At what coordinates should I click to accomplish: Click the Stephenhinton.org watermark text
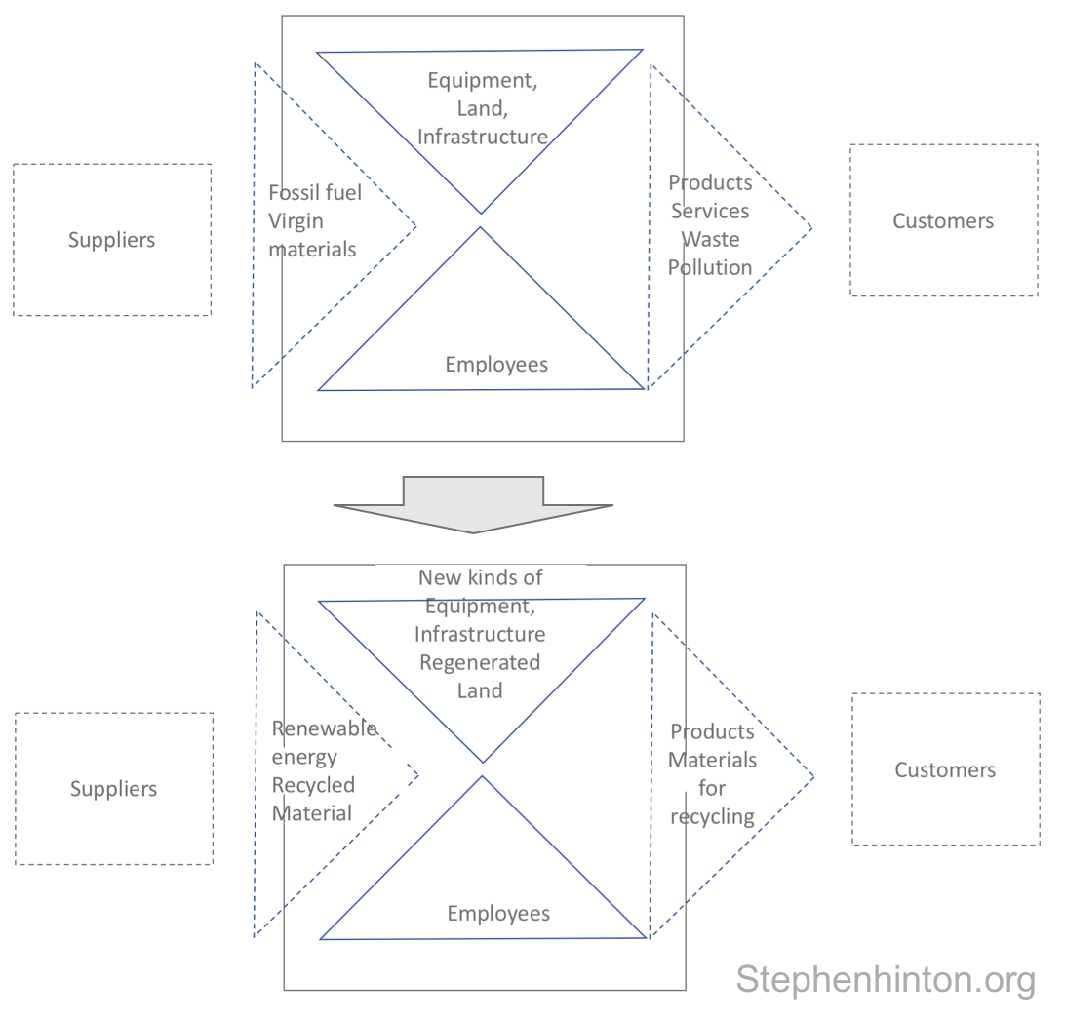point(885,979)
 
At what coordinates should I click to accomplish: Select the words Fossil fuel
point(314,193)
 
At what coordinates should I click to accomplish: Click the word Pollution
point(710,267)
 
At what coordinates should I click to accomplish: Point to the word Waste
point(710,239)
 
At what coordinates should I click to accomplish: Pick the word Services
point(710,211)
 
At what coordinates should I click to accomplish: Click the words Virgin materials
point(312,235)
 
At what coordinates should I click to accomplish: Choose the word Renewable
point(324,728)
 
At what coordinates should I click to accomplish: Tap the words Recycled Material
point(312,799)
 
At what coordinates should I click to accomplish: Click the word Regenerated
point(479,662)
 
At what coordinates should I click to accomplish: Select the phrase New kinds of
point(480,577)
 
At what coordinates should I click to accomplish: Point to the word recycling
point(712,816)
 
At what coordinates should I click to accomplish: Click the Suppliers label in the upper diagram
point(111,240)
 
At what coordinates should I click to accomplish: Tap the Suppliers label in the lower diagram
point(113,789)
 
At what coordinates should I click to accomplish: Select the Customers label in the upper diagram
point(943,220)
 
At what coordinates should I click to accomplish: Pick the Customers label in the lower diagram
point(945,769)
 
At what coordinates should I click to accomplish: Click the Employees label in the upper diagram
point(496,365)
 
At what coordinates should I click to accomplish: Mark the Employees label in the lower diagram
point(498,914)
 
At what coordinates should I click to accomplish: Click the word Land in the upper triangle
point(482,108)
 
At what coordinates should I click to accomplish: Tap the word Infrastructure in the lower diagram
point(480,634)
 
